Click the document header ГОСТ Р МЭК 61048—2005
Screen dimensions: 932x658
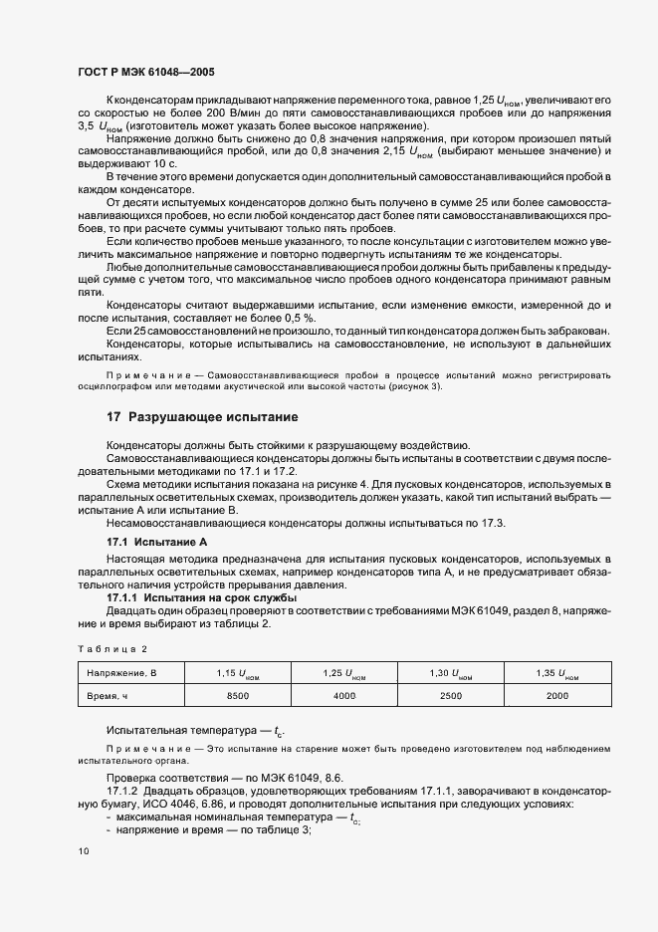(x=145, y=73)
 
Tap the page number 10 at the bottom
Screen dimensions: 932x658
(x=83, y=851)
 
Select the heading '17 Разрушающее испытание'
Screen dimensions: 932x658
(x=202, y=416)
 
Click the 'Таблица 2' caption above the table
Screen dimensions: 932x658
(x=111, y=648)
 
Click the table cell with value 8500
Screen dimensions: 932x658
(x=238, y=696)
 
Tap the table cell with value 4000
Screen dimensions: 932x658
(x=344, y=696)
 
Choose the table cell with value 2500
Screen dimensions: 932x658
(x=452, y=696)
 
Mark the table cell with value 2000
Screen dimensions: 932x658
(x=558, y=696)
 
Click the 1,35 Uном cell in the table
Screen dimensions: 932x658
(x=558, y=674)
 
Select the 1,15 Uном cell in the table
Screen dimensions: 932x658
(x=238, y=674)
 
